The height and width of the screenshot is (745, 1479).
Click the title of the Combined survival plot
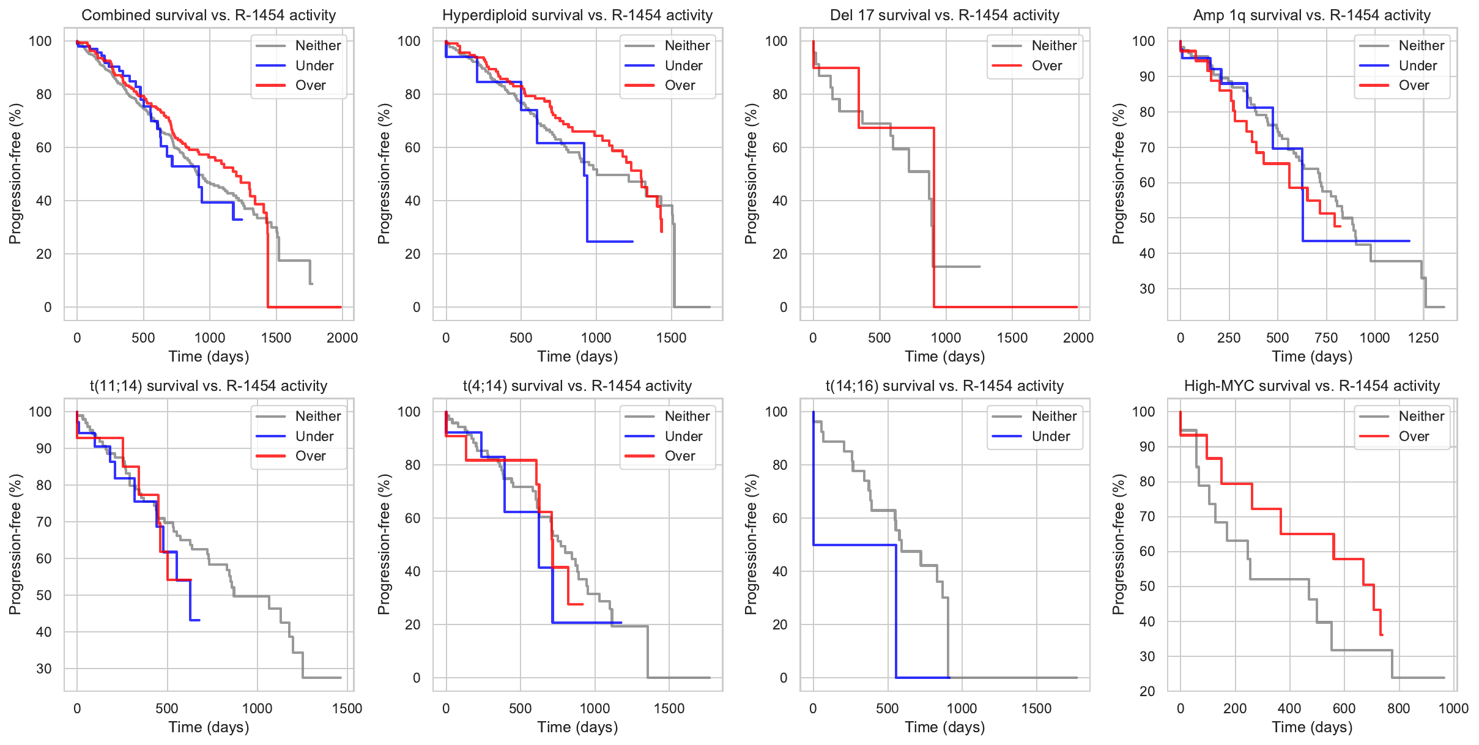(x=209, y=15)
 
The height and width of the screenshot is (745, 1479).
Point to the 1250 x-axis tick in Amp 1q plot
(x=1423, y=338)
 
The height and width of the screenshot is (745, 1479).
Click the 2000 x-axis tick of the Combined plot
(x=342, y=338)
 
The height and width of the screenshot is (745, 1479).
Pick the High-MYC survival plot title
(x=1312, y=386)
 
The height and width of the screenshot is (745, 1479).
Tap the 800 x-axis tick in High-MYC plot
(x=1399, y=708)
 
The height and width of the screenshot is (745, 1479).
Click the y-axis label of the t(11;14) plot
(x=15, y=544)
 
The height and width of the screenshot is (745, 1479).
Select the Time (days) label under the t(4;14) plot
(x=577, y=727)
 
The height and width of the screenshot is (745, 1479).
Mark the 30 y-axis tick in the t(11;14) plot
(x=44, y=669)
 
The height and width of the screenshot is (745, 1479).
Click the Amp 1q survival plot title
(x=1312, y=15)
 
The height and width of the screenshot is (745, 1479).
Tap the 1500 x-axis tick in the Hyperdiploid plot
(x=671, y=338)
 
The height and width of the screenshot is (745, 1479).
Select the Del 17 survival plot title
(x=944, y=15)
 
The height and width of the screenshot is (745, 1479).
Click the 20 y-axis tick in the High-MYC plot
(x=1147, y=691)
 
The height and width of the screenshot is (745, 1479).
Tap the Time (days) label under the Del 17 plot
(x=944, y=357)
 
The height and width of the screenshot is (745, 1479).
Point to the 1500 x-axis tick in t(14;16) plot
(x=1036, y=708)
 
